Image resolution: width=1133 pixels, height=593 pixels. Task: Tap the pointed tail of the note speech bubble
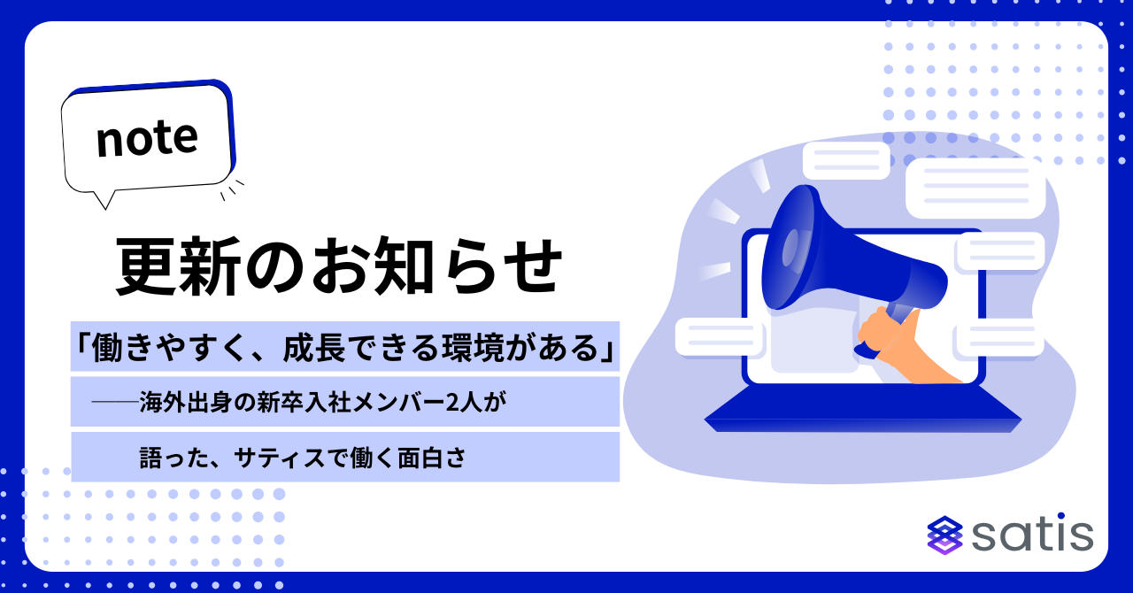coord(105,206)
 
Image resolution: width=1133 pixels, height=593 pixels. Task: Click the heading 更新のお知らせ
coord(339,266)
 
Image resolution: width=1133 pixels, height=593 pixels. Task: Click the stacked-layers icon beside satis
coord(944,535)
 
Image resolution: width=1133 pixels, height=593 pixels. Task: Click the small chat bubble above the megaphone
coord(846,160)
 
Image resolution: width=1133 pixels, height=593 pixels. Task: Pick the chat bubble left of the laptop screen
coord(721,336)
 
